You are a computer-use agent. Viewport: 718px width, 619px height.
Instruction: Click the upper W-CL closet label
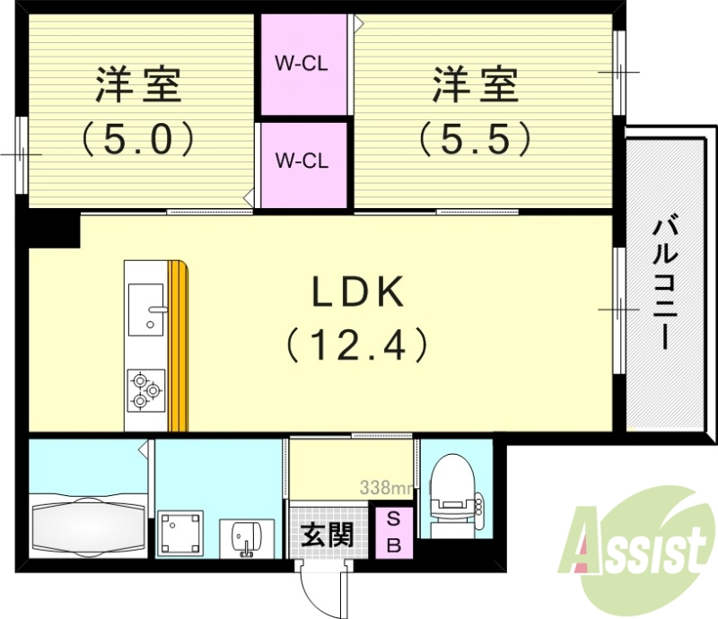[302, 64]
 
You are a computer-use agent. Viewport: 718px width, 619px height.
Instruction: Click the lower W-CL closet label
[302, 161]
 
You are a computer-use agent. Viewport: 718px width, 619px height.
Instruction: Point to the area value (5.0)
[138, 138]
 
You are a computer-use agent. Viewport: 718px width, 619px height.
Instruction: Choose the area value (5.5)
[475, 138]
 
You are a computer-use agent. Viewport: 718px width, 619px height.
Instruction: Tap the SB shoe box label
[394, 532]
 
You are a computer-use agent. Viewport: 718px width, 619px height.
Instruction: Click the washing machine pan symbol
[184, 536]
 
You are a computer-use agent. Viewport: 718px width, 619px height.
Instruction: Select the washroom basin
[243, 538]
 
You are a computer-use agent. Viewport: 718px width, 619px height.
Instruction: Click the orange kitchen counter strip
[179, 345]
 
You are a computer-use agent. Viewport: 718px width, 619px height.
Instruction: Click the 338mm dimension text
[386, 489]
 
